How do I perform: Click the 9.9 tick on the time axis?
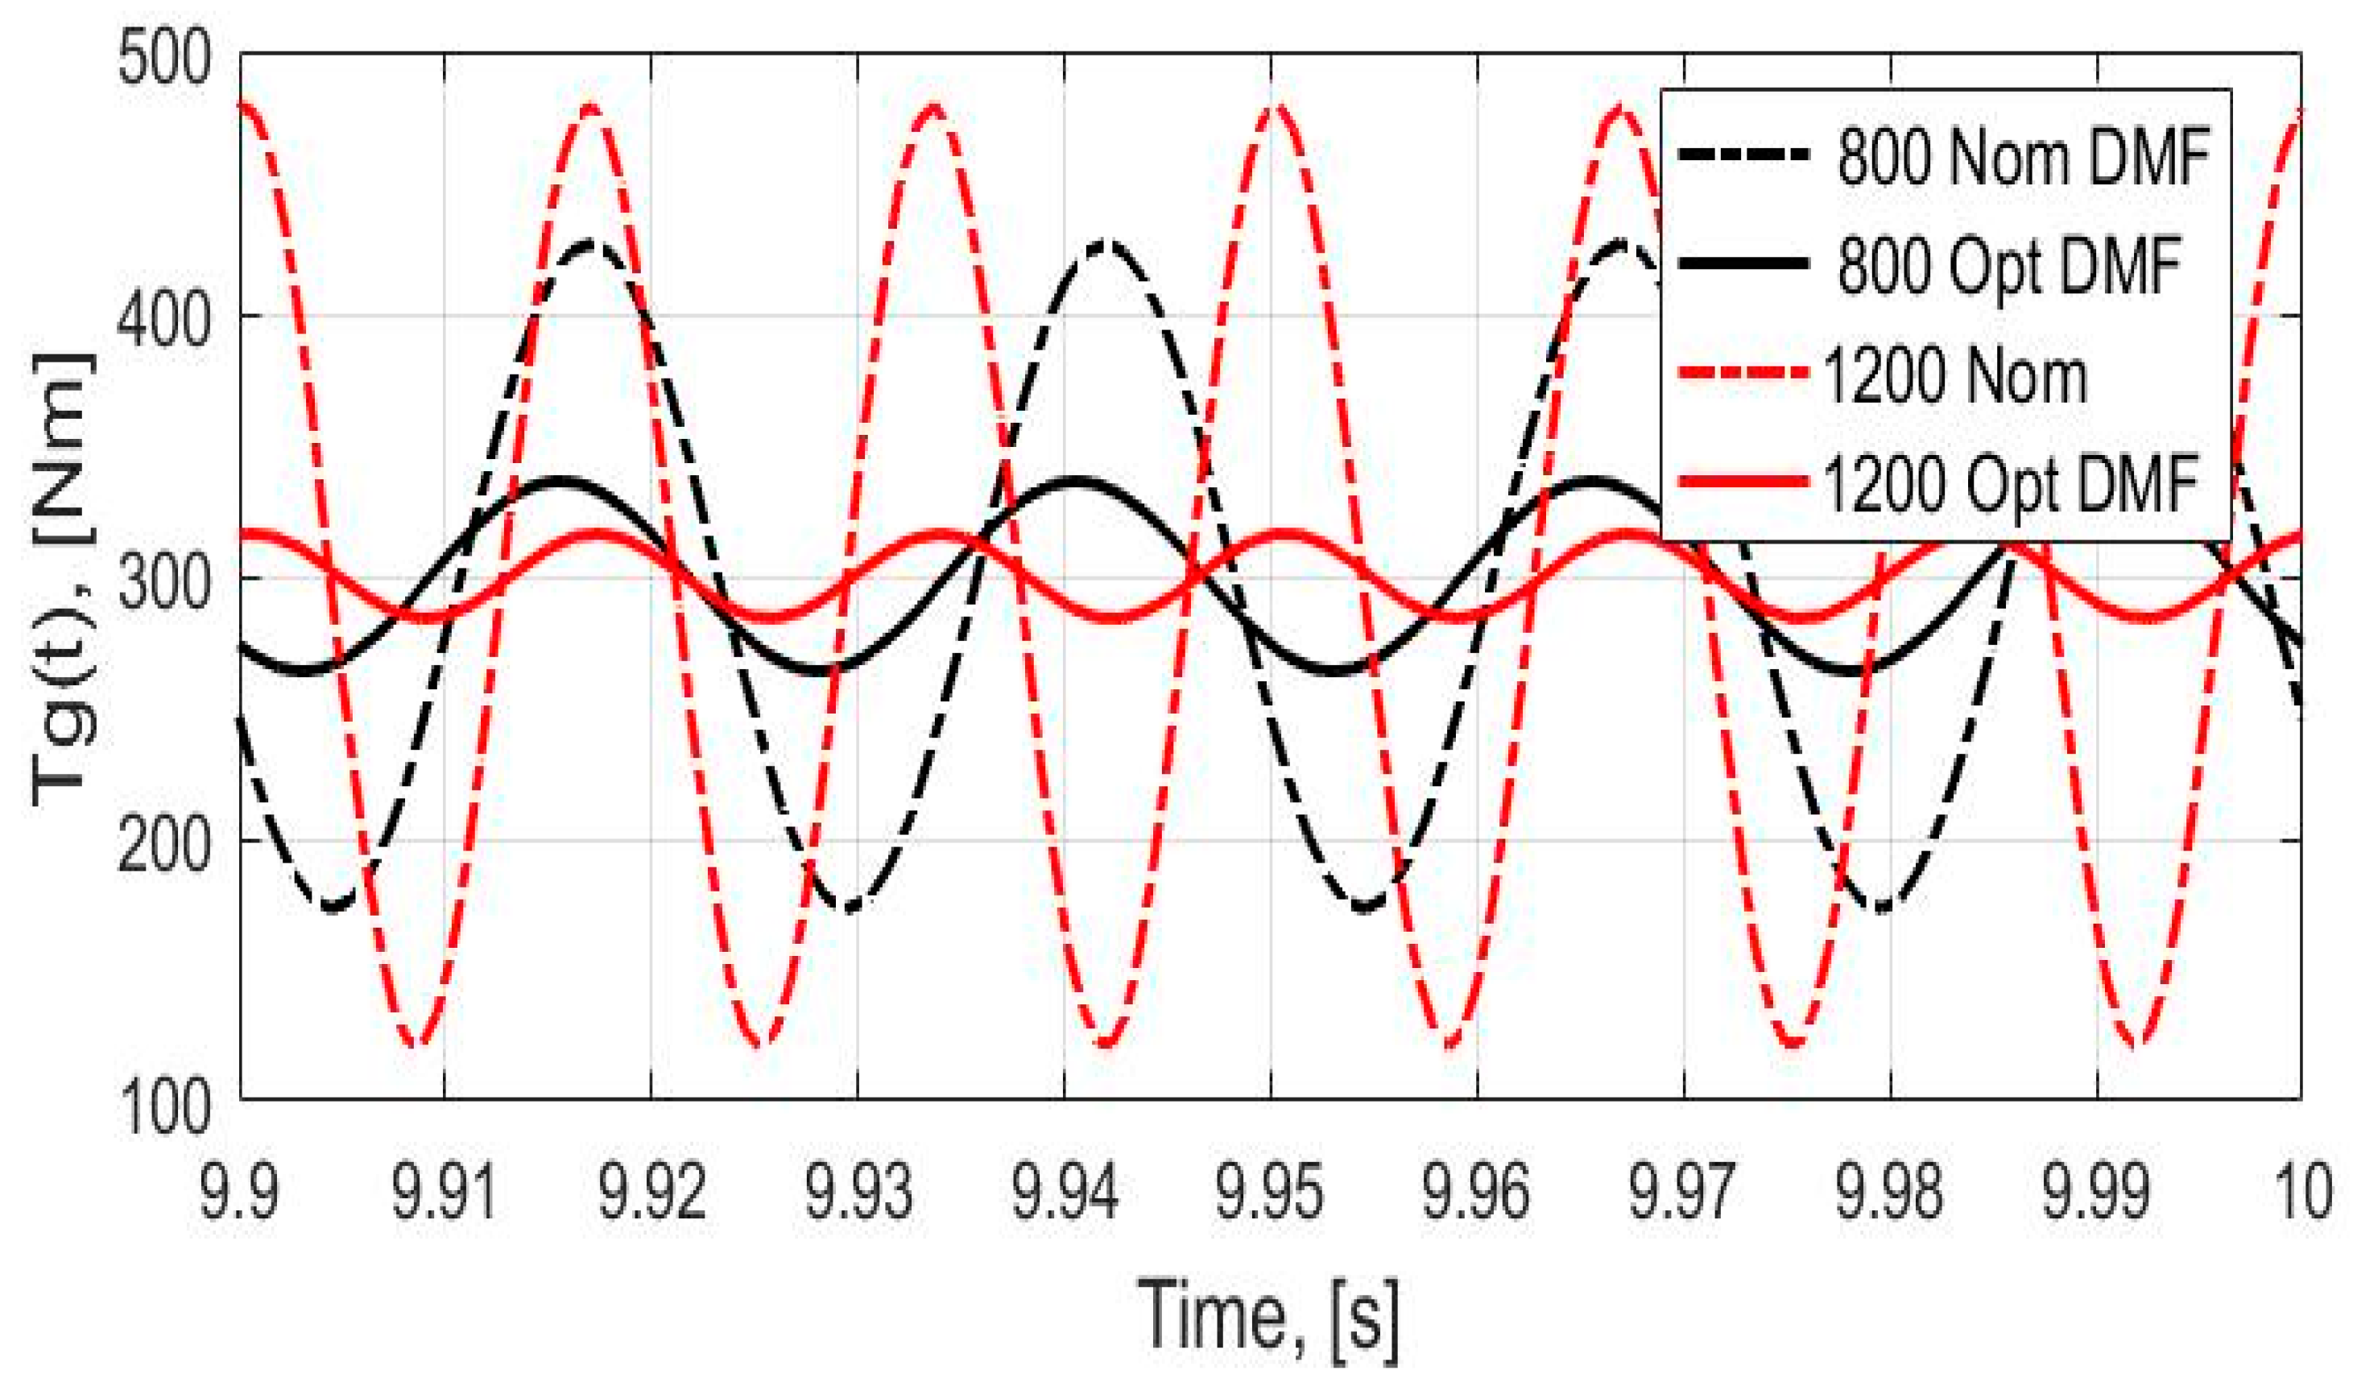[238, 1189]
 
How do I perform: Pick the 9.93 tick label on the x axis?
[858, 1189]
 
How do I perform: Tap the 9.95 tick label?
[1270, 1189]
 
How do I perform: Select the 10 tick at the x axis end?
[2304, 1189]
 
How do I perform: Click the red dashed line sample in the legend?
[1743, 374]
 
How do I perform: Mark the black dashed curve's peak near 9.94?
[1106, 242]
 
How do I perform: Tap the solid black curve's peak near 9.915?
[560, 480]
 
